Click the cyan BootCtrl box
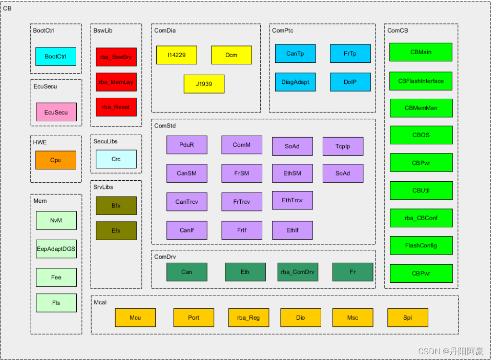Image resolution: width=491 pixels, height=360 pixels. click(56, 57)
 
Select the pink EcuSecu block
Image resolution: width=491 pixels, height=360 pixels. click(56, 112)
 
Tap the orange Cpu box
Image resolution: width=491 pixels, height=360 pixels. click(56, 160)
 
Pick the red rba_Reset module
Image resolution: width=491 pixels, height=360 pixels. click(116, 107)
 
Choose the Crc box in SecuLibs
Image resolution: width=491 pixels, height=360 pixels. click(116, 159)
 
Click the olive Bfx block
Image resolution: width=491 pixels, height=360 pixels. click(116, 206)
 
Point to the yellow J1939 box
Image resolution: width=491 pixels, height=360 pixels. click(204, 84)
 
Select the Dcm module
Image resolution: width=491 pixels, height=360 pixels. click(231, 55)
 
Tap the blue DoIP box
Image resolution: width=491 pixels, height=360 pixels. click(350, 82)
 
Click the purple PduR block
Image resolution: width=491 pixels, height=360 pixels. click(187, 145)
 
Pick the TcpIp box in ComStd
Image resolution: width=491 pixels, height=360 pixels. click(343, 146)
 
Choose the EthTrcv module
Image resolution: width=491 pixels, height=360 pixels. click(292, 200)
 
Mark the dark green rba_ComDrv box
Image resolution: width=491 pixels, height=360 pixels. click(298, 272)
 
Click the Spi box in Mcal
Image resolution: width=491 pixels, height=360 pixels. click(407, 317)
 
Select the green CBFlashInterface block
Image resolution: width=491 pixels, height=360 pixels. click(421, 81)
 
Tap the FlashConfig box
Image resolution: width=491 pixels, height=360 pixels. click(421, 245)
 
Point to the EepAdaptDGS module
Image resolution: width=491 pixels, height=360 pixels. click(56, 249)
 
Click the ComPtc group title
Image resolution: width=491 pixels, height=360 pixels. click(282, 31)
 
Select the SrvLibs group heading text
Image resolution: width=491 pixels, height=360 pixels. click(103, 187)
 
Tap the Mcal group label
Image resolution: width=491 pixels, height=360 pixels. click(100, 302)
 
